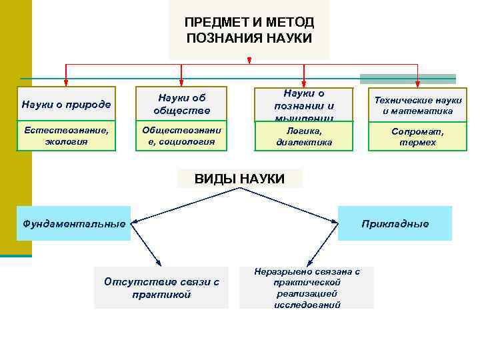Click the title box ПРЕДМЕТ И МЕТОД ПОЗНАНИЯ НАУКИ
(249, 30)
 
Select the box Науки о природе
(66, 104)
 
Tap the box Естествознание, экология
(66, 136)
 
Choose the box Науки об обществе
(181, 103)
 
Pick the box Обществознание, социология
(181, 136)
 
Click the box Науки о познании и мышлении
(304, 105)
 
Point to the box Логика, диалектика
(304, 137)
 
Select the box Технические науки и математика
(418, 105)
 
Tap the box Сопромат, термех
(418, 137)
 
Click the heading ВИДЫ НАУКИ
(239, 179)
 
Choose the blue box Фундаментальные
(74, 223)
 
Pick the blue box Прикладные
(395, 223)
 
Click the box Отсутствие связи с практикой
(161, 288)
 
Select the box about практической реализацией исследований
(307, 288)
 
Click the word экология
(66, 141)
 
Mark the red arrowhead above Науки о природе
(66, 83)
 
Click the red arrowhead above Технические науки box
(418, 83)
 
